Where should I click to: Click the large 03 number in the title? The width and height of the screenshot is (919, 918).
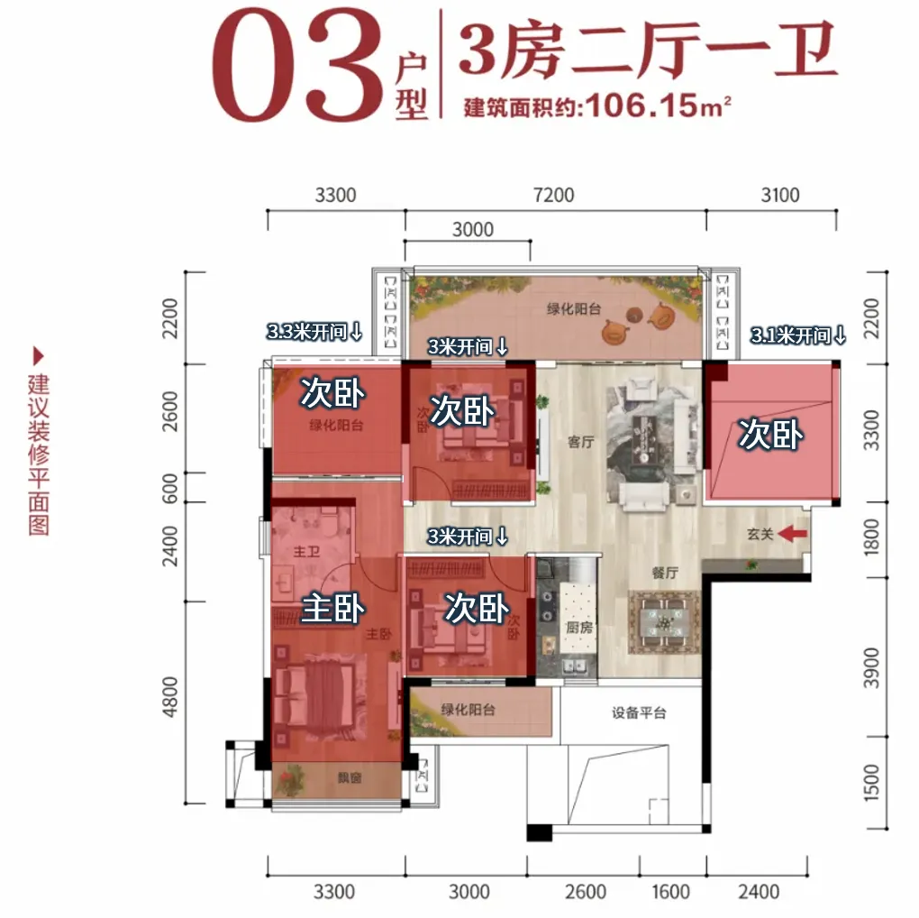pyautogui.click(x=297, y=65)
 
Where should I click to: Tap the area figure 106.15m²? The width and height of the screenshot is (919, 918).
pyautogui.click(x=658, y=106)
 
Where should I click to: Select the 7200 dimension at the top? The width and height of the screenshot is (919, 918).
pyautogui.click(x=553, y=195)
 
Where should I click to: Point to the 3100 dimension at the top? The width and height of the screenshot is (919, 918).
pyautogui.click(x=780, y=195)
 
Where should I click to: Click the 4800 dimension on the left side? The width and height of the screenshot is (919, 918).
pyautogui.click(x=170, y=696)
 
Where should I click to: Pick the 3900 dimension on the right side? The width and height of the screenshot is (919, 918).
pyautogui.click(x=871, y=668)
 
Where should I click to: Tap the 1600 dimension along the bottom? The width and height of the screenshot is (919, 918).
pyautogui.click(x=670, y=892)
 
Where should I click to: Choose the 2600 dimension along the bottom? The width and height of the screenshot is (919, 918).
pyautogui.click(x=585, y=892)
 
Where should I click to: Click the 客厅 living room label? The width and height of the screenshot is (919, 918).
pyautogui.click(x=581, y=442)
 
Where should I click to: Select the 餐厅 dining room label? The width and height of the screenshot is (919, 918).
pyautogui.click(x=665, y=573)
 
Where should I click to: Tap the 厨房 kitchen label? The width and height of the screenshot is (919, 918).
pyautogui.click(x=579, y=628)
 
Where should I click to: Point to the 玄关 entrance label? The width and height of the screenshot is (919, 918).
pyautogui.click(x=760, y=534)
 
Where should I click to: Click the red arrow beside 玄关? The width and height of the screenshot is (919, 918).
pyautogui.click(x=792, y=534)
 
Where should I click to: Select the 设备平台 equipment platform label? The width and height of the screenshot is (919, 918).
pyautogui.click(x=639, y=712)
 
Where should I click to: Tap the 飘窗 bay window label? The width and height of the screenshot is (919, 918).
pyautogui.click(x=350, y=778)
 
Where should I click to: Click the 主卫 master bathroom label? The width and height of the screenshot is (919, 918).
pyautogui.click(x=306, y=551)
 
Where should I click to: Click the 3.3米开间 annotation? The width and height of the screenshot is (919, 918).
pyautogui.click(x=314, y=332)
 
